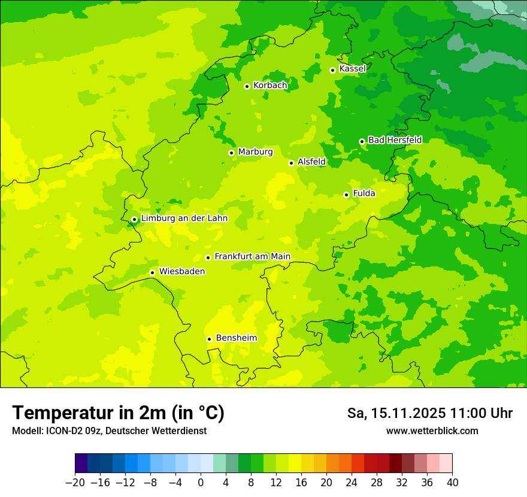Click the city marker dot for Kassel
[333, 70]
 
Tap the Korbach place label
[270, 86]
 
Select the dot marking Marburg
[232, 153]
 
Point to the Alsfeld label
[311, 162]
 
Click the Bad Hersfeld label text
[395, 140]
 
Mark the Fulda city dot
[346, 195]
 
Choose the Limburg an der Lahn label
[184, 219]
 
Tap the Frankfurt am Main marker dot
[208, 257]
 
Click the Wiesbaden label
[182, 272]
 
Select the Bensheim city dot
[210, 339]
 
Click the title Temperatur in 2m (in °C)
[119, 413]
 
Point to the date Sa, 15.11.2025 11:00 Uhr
[429, 413]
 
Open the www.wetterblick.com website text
[432, 431]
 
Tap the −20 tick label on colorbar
[75, 483]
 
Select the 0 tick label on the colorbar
[201, 483]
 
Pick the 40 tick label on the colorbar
[452, 483]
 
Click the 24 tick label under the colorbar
[352, 483]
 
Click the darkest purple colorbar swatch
[81, 463]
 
